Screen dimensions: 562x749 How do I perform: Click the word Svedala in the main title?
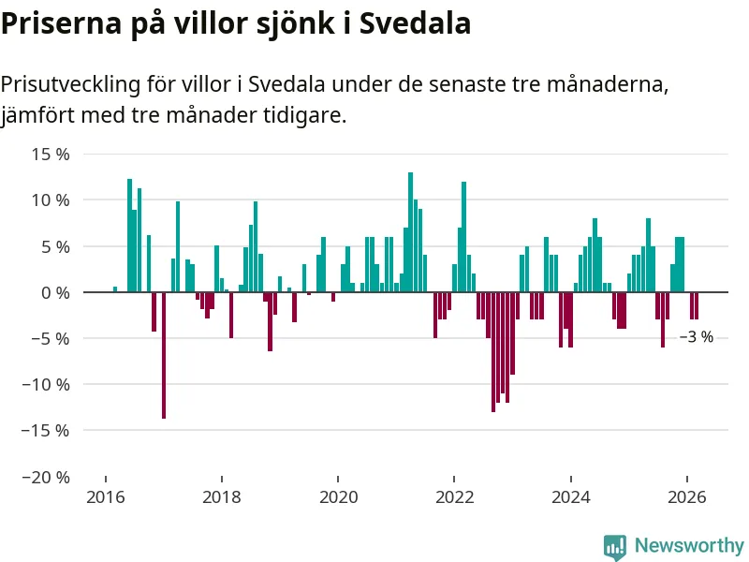[x=417, y=23]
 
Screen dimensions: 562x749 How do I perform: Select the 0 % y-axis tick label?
[x=52, y=292]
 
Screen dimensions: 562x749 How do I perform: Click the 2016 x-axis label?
[x=106, y=496]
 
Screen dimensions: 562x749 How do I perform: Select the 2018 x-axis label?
[x=222, y=496]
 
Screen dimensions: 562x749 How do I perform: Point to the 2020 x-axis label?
[x=338, y=496]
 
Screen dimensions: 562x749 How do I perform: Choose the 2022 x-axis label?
[x=454, y=496]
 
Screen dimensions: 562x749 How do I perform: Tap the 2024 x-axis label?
[x=570, y=496]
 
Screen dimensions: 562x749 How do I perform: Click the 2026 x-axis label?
[x=686, y=496]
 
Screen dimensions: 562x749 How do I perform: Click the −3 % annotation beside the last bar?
[x=696, y=337]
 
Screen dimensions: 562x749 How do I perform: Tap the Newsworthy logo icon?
[x=614, y=546]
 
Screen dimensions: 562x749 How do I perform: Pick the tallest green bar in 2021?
[x=410, y=232]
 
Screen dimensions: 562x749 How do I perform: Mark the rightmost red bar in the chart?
[x=697, y=306]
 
